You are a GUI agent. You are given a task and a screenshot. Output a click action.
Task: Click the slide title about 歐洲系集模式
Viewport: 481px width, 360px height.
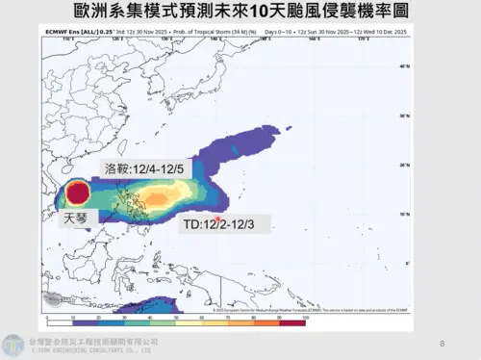click(x=240, y=13)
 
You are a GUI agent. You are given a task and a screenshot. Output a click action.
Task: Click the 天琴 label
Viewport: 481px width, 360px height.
click(x=76, y=219)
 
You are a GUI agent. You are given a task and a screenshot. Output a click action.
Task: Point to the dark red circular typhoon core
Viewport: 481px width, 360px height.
click(x=78, y=193)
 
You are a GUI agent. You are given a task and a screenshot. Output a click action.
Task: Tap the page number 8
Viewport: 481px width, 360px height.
click(x=442, y=344)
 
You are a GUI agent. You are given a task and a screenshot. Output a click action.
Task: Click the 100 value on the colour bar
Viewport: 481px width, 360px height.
click(x=304, y=318)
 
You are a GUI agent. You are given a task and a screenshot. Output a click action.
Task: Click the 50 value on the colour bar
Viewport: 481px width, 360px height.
click(x=176, y=318)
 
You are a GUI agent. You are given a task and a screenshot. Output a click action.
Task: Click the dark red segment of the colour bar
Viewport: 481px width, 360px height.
click(x=291, y=311)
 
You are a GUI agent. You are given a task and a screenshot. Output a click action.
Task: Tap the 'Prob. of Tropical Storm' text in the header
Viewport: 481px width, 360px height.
click(x=207, y=32)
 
